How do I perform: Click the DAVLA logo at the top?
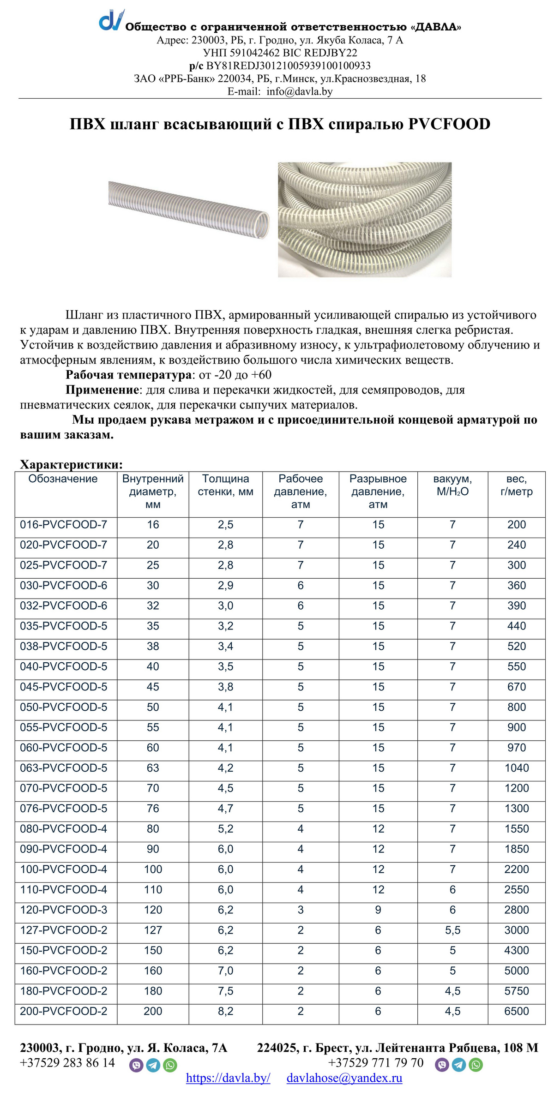[111, 20]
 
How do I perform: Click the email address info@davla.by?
[299, 91]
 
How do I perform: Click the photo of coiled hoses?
[365, 219]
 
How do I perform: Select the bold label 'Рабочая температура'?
[128, 375]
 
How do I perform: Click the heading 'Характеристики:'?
[72, 464]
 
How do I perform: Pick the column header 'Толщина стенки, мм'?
[225, 485]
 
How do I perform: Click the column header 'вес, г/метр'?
[516, 485]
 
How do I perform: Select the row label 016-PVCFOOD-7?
[63, 525]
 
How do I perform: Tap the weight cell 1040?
[516, 768]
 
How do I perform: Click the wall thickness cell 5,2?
[225, 829]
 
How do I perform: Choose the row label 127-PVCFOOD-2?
[63, 930]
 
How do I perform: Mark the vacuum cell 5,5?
[452, 930]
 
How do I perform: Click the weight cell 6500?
[516, 1011]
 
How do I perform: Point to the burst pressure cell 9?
[378, 910]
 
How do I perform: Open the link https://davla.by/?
[228, 1078]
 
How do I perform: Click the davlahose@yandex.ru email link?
[344, 1078]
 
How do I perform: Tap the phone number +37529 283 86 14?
[67, 1063]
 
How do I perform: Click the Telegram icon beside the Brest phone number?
[459, 1064]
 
